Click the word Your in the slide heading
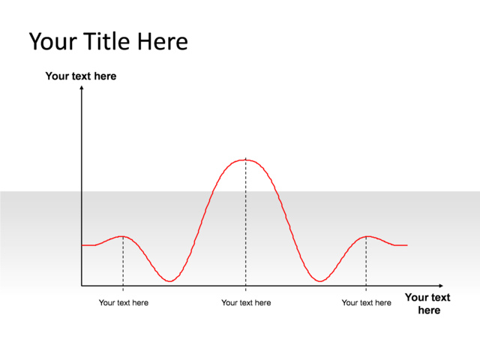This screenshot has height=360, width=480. [x=52, y=41]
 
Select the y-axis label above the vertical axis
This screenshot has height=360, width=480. [x=81, y=76]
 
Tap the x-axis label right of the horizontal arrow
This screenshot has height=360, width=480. [x=428, y=304]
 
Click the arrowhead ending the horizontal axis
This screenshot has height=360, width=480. [x=440, y=286]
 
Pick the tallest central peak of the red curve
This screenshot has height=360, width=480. [x=245, y=160]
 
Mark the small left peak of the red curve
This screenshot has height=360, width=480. [x=122, y=236]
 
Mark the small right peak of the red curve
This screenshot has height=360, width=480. [x=366, y=236]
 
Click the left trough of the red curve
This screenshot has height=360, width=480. [x=170, y=281]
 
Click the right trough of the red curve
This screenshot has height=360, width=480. [x=320, y=281]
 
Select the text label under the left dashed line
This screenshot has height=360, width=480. [x=124, y=303]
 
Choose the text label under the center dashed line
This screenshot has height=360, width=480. [x=246, y=303]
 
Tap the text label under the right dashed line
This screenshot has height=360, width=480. [x=366, y=303]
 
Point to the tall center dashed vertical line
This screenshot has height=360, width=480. [x=245, y=225]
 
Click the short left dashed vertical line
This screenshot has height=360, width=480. [x=122, y=262]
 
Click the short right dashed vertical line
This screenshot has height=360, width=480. [x=366, y=262]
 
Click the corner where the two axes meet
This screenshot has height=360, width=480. [x=81, y=286]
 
